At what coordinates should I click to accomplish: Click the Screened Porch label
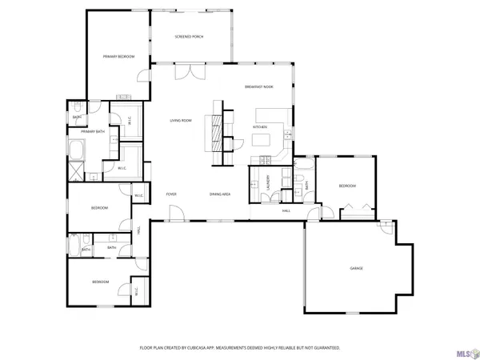[190, 37]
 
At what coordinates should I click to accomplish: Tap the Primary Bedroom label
[118, 57]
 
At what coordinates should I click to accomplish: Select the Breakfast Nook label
[259, 86]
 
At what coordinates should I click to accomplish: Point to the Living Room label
[180, 121]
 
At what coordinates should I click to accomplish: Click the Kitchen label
[260, 127]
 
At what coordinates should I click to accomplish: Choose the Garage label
[356, 268]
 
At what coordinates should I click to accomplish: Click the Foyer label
[171, 194]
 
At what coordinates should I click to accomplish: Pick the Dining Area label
[220, 194]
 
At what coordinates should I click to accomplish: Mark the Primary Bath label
[94, 131]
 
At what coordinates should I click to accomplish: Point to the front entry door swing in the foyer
[175, 212]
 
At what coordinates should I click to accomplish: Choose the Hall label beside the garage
[286, 210]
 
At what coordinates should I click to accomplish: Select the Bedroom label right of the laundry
[346, 186]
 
